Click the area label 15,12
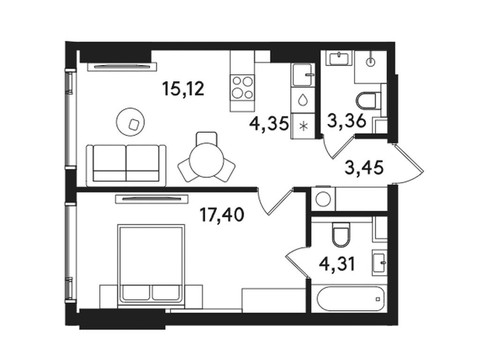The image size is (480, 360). coord(183,89)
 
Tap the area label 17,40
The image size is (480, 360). coord(222,215)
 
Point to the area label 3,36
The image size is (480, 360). coord(346,120)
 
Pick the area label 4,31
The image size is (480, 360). coord(337,264)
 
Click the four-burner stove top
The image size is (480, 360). coord(242,88)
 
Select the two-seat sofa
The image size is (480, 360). coord(126,165)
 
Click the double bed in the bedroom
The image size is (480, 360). coord(151,265)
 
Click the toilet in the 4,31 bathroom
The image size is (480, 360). coord(341,234)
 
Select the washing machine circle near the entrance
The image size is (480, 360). coord(323,199)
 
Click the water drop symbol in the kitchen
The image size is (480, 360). coord(303,99)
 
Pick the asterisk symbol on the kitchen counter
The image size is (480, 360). coord(303,126)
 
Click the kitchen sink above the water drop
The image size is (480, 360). coord(303,75)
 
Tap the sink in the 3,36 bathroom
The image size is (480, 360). coord(339,58)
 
